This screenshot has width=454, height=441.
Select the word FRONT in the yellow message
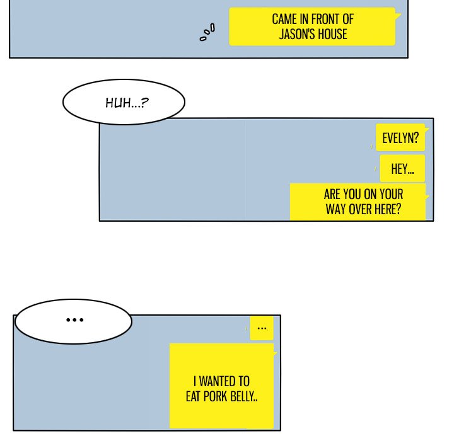(325, 20)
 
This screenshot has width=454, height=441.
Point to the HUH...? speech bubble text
(127, 103)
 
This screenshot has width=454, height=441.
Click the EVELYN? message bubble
(400, 137)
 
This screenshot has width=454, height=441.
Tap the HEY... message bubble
(402, 168)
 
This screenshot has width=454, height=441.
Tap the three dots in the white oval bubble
(74, 320)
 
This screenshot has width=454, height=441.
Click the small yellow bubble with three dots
(262, 328)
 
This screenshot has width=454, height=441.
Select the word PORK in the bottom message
(215, 396)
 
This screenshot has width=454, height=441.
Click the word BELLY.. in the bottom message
(244, 396)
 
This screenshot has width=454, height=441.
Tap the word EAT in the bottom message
(193, 396)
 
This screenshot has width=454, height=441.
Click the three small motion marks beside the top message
(207, 32)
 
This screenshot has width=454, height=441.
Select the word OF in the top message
(348, 20)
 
